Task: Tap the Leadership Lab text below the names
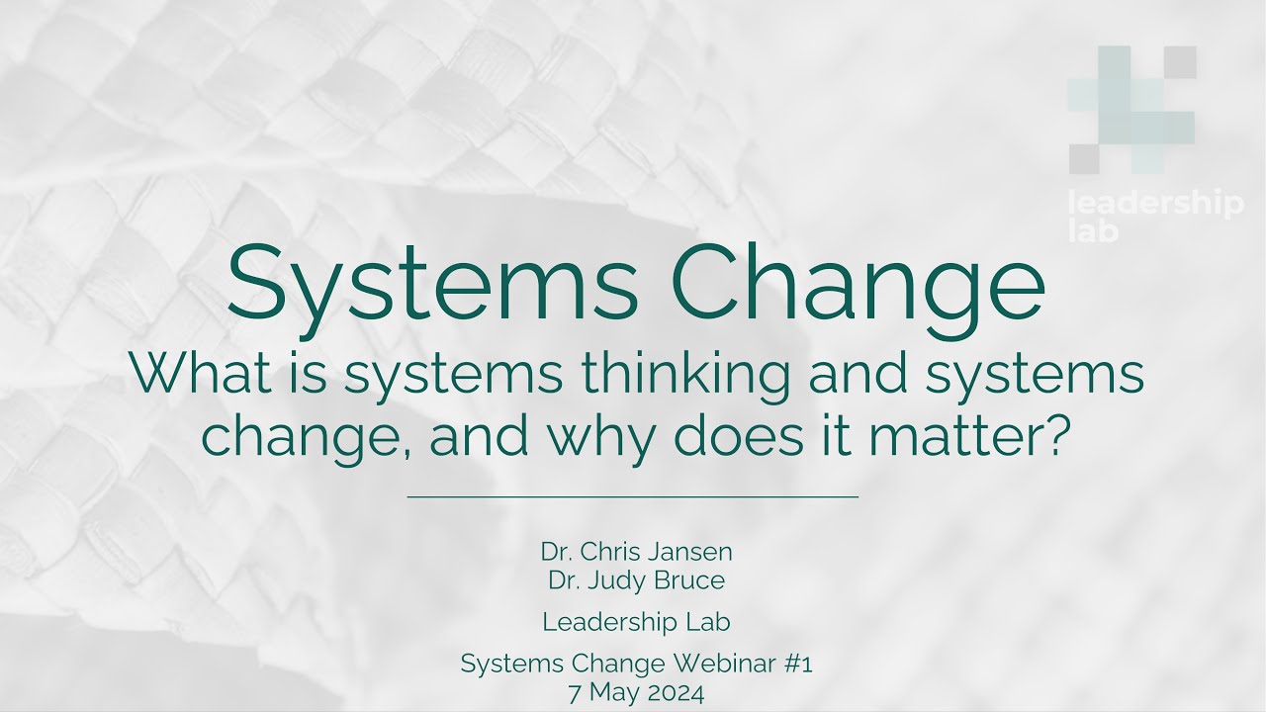tap(637, 622)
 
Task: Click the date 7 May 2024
tap(637, 693)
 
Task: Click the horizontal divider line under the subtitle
tap(633, 496)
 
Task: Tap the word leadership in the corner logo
tap(1156, 206)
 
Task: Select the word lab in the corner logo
tap(1093, 231)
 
